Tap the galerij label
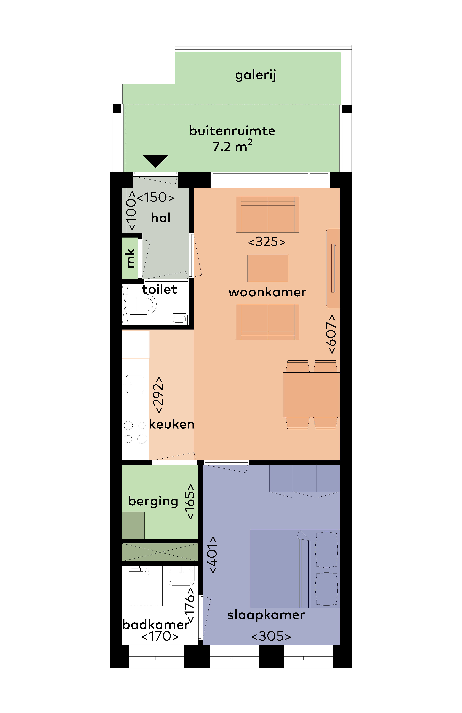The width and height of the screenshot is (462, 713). (x=256, y=75)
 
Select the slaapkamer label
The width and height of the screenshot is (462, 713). (x=266, y=615)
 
